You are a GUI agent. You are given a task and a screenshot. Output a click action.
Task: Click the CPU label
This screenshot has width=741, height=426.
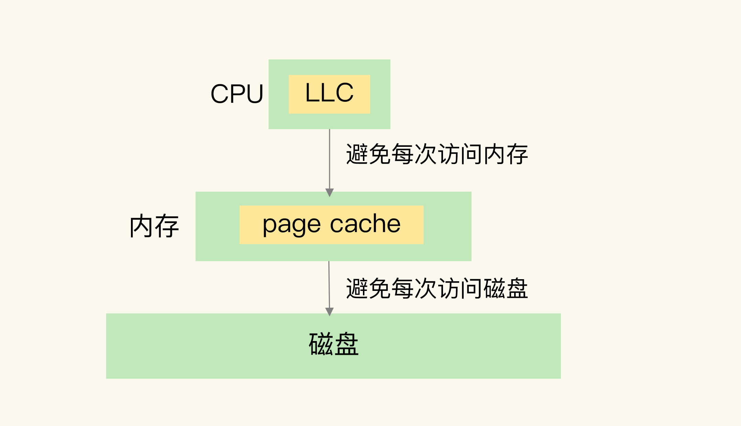click(237, 94)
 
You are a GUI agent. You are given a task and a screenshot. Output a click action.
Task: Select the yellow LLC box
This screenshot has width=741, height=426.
click(329, 94)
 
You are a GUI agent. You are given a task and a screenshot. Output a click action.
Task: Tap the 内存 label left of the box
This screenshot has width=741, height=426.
click(154, 226)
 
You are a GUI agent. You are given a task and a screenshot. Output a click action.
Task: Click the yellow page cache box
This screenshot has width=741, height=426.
click(331, 225)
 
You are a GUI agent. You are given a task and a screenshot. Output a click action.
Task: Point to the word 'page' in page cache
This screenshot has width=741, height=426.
click(291, 225)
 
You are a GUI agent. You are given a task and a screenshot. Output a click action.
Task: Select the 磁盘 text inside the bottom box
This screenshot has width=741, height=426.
click(333, 344)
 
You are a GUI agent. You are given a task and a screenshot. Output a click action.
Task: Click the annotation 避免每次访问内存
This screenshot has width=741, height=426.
click(436, 154)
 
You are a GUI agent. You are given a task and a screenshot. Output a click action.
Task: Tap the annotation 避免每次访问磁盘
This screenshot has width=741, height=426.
click(436, 288)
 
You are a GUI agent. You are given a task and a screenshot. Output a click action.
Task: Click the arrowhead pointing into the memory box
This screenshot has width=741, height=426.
click(330, 192)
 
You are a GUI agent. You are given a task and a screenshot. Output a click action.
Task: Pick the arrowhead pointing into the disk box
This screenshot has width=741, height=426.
click(329, 311)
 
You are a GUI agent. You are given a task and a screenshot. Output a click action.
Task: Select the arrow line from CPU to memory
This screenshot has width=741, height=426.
click(330, 158)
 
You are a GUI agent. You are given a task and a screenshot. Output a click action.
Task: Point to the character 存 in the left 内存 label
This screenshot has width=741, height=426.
click(167, 226)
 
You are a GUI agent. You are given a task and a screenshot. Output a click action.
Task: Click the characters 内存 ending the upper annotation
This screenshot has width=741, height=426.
click(506, 154)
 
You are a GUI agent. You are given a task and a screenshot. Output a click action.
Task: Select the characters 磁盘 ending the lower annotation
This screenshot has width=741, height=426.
click(506, 288)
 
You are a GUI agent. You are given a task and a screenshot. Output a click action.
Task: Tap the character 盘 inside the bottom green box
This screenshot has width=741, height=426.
click(346, 344)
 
